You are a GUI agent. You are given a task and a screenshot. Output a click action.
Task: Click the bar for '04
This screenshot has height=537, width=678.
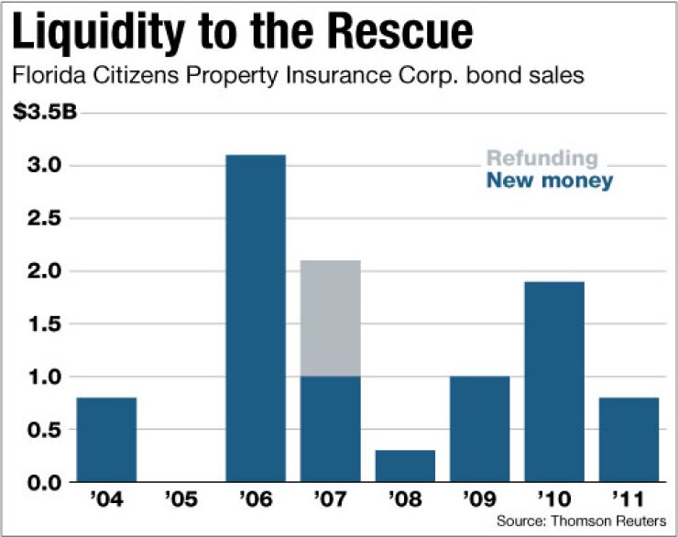pyautogui.click(x=106, y=440)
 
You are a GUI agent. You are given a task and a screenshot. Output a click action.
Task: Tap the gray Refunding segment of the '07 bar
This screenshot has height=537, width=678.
pyautogui.click(x=331, y=319)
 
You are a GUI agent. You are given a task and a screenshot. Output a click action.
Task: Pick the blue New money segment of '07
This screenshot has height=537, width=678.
pyautogui.click(x=331, y=429)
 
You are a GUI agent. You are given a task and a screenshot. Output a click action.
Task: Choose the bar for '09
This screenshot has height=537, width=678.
pyautogui.click(x=480, y=429)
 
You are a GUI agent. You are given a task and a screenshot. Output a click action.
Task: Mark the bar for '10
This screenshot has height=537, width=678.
pyautogui.click(x=554, y=382)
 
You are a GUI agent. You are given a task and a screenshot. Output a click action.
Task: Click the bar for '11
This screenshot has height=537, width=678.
pyautogui.click(x=629, y=440)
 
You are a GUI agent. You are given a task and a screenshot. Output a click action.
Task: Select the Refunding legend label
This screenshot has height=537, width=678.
pyautogui.click(x=541, y=159)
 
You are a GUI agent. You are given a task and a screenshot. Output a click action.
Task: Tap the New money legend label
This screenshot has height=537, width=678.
pyautogui.click(x=549, y=181)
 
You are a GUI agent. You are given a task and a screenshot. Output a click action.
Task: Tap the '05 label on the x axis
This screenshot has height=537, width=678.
pyautogui.click(x=181, y=503)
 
